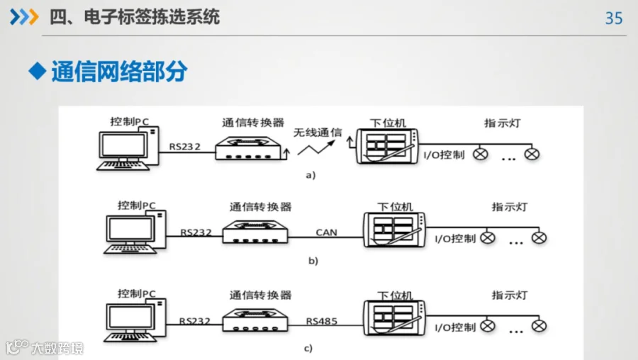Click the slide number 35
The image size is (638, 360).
614,18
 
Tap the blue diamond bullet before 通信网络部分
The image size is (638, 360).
38,71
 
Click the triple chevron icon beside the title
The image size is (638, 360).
24,17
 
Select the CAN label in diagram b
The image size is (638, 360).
326,232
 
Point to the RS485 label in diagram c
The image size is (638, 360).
321,321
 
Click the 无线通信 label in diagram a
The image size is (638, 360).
318,133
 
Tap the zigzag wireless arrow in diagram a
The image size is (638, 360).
316,147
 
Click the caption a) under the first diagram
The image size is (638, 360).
310,175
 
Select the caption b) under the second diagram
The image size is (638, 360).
313,260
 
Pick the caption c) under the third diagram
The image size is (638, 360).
308,348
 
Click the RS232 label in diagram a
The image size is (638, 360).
185,147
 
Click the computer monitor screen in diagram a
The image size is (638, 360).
123,145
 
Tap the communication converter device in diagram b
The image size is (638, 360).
255,232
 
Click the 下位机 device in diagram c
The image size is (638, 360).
394,318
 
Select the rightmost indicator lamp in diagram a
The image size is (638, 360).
532,154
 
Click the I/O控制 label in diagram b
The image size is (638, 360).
455,239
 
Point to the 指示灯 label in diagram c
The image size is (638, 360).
510,295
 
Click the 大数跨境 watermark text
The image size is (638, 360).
57,348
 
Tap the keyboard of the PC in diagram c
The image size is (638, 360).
130,337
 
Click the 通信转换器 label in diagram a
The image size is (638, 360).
253,123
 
